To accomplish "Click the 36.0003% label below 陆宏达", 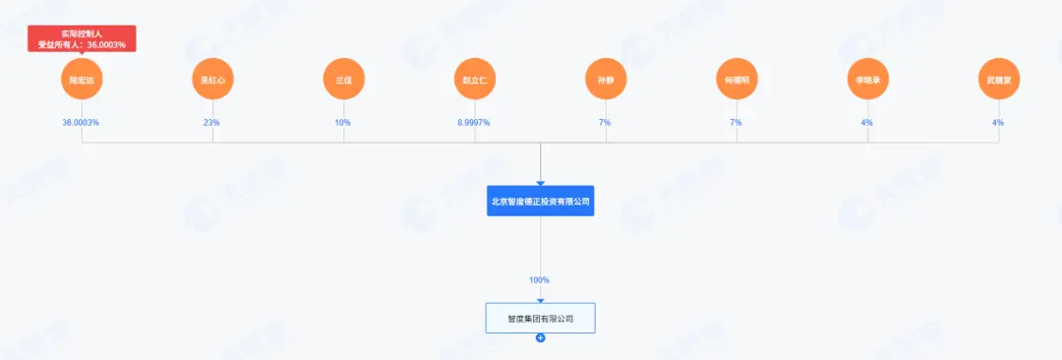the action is (82, 123).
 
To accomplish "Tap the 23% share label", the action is (213, 123).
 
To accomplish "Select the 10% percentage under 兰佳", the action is (344, 123).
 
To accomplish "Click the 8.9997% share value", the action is (475, 123).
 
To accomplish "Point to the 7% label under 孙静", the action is (606, 123).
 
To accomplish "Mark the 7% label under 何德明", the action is (737, 123).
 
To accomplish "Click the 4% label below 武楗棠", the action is (998, 123).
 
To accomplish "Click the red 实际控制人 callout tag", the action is (82, 38).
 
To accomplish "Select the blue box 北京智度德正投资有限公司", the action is (541, 201).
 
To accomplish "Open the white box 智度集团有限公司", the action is (541, 318).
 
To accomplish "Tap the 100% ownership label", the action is (540, 280).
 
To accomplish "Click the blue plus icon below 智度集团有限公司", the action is (541, 338).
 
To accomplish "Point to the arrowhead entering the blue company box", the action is (541, 182).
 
